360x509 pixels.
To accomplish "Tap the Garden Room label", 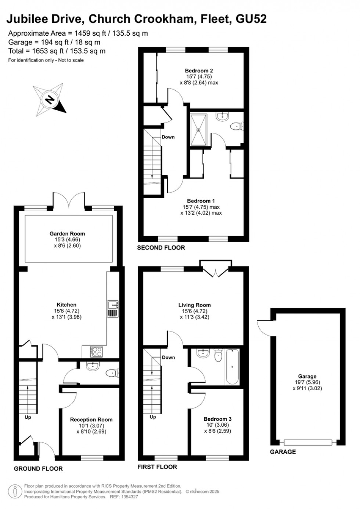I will [x=67, y=234].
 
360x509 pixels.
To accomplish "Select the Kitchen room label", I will [x=66, y=305].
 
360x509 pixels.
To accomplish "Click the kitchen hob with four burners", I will [x=96, y=352].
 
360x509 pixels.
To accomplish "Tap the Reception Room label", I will [x=91, y=420].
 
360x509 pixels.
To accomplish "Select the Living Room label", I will [x=194, y=305].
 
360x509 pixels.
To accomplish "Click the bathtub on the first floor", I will [x=232, y=366].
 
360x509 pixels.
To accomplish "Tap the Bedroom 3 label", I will [x=217, y=419].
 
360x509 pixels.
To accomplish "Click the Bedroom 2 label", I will [x=199, y=71].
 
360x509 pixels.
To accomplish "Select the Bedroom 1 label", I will [x=201, y=201].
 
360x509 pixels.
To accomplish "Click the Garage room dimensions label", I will [x=307, y=382].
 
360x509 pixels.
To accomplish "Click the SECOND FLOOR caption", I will [x=161, y=248].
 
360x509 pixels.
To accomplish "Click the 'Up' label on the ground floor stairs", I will [x=28, y=417].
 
